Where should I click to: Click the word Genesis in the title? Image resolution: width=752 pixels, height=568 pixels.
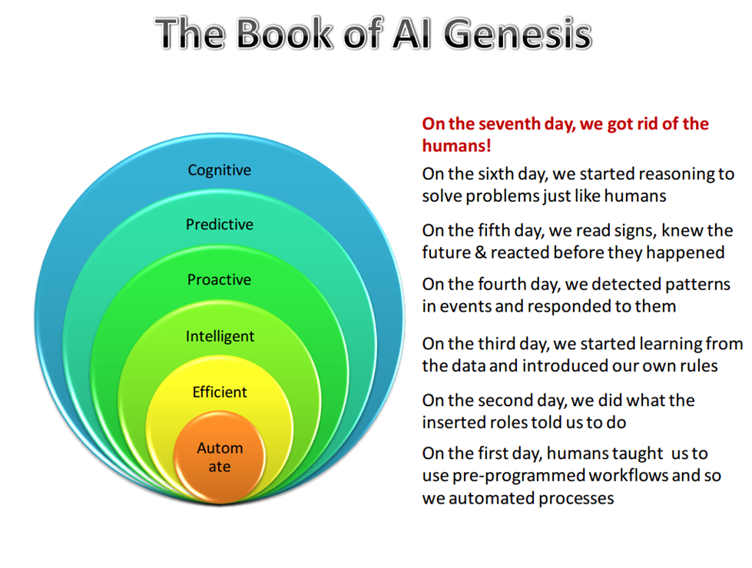click(x=517, y=34)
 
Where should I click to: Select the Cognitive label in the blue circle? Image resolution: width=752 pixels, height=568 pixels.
click(x=219, y=170)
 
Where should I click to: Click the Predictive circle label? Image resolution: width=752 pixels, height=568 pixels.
click(x=219, y=224)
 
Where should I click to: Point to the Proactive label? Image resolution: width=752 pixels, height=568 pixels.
click(x=219, y=279)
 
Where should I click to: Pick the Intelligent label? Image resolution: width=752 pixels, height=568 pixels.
click(x=220, y=336)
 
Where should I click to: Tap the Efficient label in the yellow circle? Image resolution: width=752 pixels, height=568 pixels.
click(x=220, y=392)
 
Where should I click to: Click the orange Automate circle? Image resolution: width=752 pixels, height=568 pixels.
click(x=219, y=456)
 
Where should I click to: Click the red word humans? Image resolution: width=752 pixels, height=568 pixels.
click(x=456, y=146)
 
